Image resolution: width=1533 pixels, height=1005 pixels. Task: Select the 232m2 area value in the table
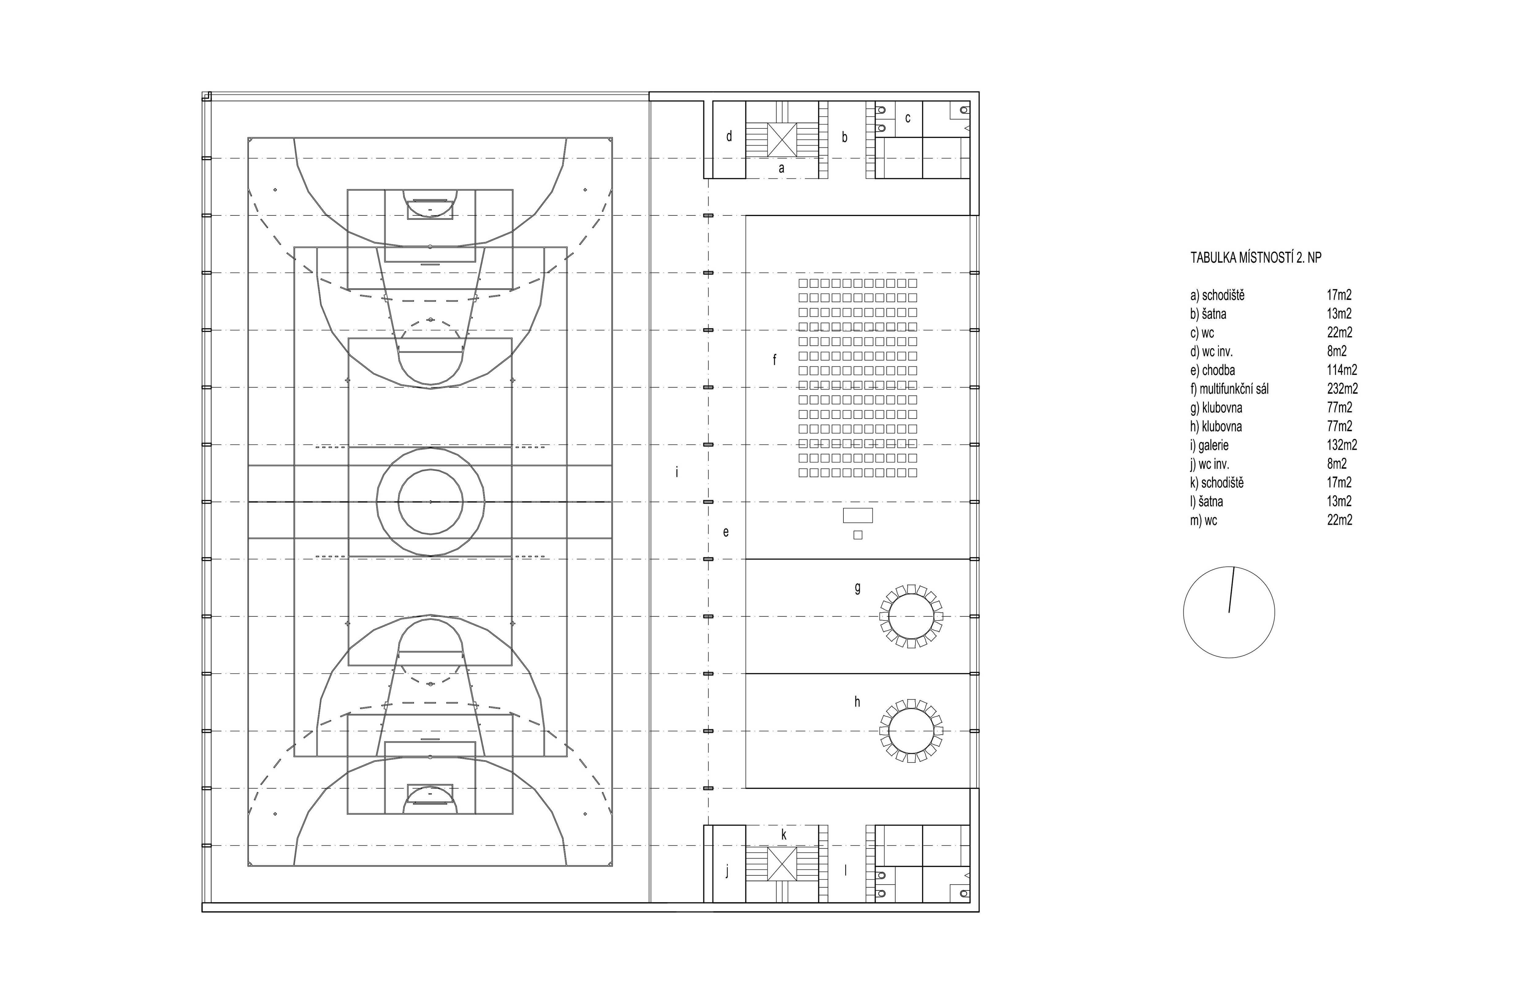pos(1342,389)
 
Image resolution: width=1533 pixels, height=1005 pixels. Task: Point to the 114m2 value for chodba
pos(1342,370)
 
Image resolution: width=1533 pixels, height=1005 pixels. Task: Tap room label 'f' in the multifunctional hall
pos(775,360)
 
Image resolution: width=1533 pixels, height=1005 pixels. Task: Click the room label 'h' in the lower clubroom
pos(857,702)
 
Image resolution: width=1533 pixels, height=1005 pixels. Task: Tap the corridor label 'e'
pos(726,533)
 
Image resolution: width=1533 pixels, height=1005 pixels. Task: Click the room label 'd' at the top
pos(729,136)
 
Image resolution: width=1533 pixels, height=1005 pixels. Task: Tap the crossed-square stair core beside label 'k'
pos(782,863)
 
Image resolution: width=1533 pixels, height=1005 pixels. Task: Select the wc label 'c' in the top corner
pos(908,119)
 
